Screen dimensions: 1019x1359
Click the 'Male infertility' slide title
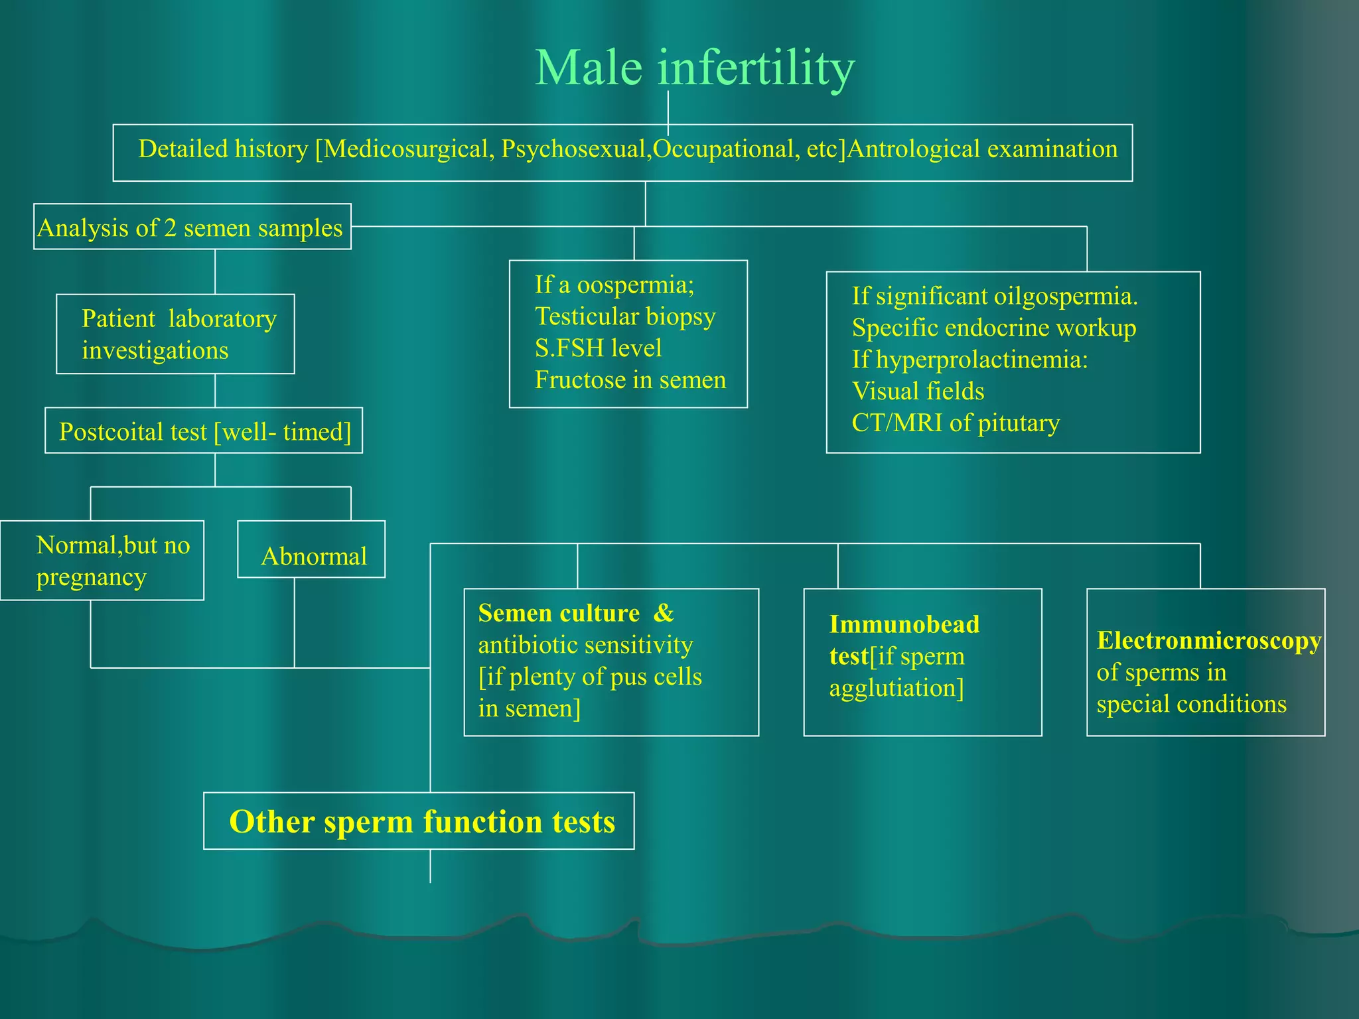(x=694, y=68)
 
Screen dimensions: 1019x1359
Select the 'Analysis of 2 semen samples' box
(x=192, y=228)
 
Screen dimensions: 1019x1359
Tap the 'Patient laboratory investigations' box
(x=175, y=334)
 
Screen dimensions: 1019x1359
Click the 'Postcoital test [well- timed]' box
(x=204, y=431)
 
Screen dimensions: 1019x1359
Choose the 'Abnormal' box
(x=312, y=556)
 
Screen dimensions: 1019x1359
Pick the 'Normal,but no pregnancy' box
(x=103, y=561)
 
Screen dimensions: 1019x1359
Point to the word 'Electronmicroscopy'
(x=1208, y=640)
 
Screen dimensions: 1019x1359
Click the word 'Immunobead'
(x=904, y=624)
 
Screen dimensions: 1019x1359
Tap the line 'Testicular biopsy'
(x=624, y=316)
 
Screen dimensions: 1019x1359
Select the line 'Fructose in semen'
(x=630, y=380)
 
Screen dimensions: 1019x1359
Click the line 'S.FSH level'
(x=598, y=348)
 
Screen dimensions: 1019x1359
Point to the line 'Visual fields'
(x=918, y=391)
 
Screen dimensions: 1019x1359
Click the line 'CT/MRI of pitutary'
(x=956, y=423)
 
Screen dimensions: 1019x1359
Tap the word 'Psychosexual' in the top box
(x=573, y=149)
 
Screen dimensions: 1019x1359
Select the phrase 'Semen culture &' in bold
(x=575, y=613)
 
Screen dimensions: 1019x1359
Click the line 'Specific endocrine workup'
(x=993, y=328)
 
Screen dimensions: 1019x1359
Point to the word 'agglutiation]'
(x=896, y=688)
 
